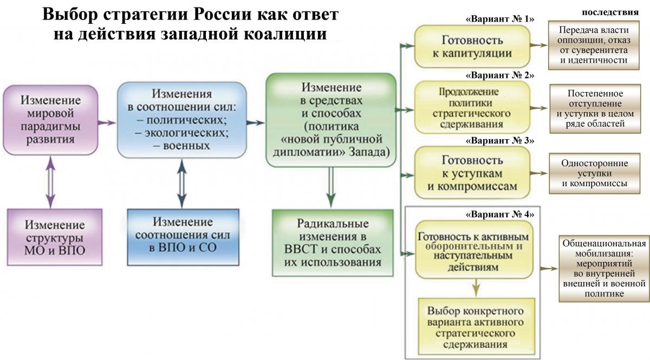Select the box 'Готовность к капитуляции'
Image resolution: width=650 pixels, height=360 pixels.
(x=472, y=47)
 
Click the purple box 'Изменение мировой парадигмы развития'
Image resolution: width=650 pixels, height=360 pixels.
(x=50, y=120)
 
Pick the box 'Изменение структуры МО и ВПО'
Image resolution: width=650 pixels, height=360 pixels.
(x=55, y=237)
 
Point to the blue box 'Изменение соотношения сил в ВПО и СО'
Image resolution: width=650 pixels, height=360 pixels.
(x=183, y=237)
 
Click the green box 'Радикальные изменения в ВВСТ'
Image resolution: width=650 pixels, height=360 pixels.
(x=333, y=243)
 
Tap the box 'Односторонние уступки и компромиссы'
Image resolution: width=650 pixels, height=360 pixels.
(x=595, y=173)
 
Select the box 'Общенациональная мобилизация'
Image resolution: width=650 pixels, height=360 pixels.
(x=604, y=269)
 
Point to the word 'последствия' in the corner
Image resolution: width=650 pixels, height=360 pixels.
(x=610, y=12)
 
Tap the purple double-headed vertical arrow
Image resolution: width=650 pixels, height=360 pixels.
(x=50, y=182)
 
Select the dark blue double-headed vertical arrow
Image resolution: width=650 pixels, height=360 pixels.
(x=182, y=184)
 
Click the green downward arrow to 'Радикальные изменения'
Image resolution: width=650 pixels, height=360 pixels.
(x=331, y=187)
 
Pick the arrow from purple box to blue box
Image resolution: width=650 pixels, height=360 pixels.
(x=107, y=122)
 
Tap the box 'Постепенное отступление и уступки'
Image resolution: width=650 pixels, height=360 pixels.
(x=595, y=109)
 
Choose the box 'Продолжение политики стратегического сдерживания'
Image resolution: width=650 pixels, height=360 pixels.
(x=472, y=108)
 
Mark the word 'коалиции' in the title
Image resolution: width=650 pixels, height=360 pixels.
(x=285, y=34)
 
